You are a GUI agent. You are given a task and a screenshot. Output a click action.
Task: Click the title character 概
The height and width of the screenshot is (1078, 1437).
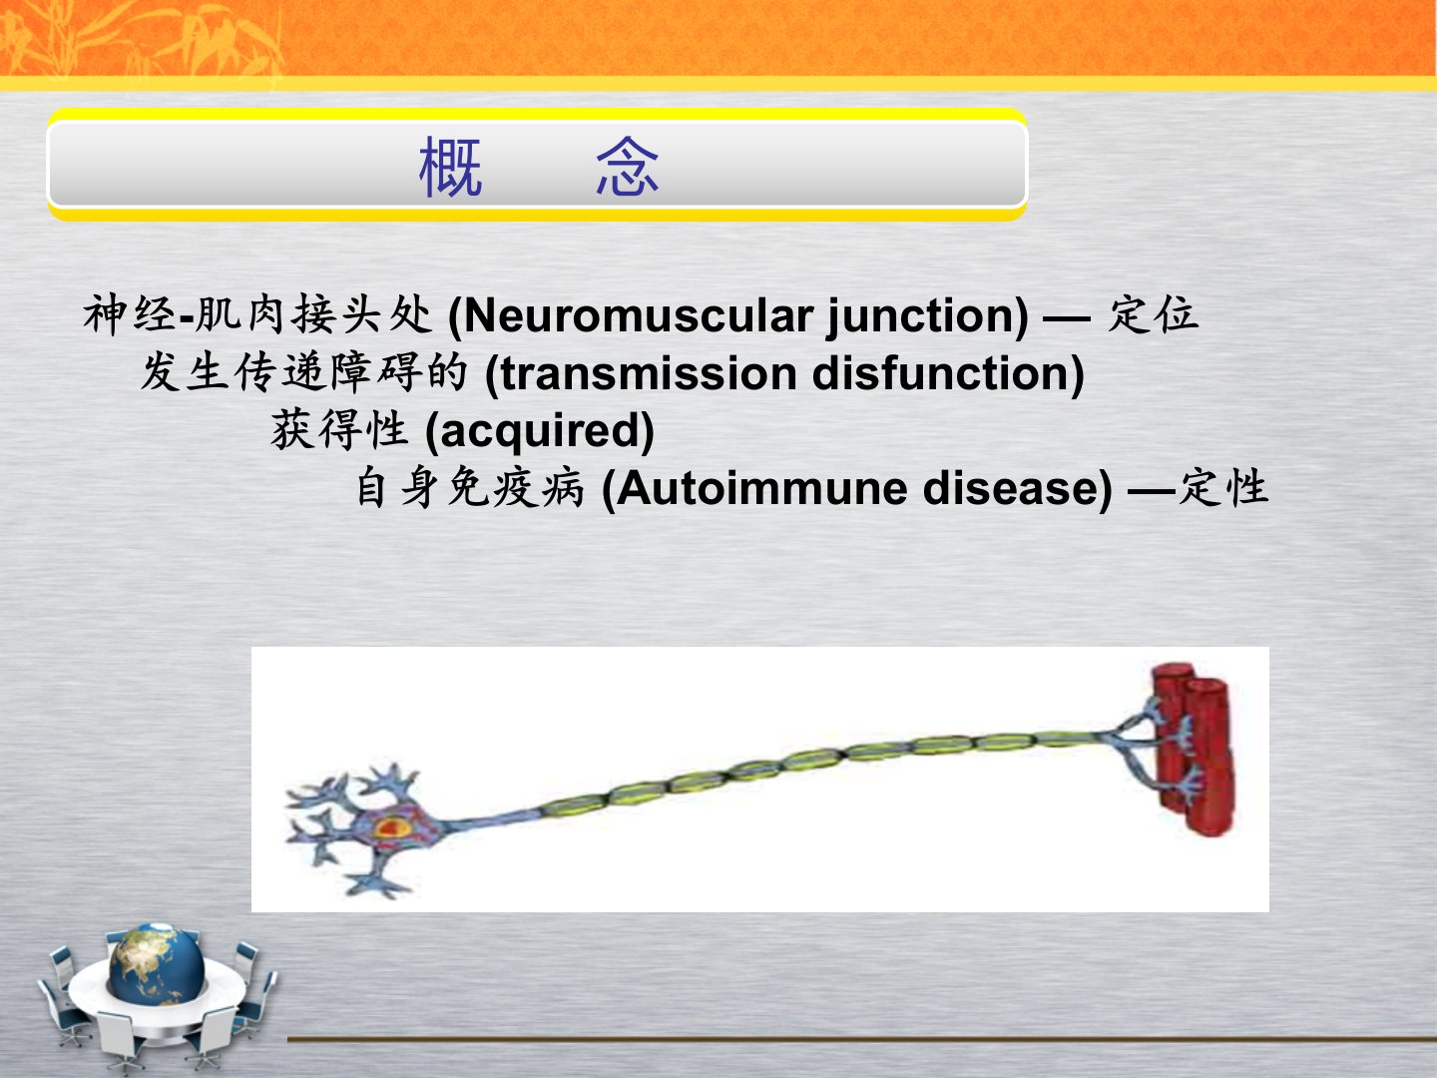tap(451, 167)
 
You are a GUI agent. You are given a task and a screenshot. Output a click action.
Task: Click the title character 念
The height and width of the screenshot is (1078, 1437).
tap(627, 167)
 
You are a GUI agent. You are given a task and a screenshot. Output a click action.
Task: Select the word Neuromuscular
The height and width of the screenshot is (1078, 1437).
tap(639, 316)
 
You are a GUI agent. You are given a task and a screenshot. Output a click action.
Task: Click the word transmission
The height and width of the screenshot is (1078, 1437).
tap(649, 373)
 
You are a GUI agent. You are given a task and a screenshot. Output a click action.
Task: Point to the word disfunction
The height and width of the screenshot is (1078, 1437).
tap(940, 373)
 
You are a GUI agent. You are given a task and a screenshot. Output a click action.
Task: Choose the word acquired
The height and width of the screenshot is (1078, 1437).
tap(540, 430)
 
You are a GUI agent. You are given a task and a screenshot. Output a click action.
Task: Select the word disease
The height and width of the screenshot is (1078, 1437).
tap(1011, 489)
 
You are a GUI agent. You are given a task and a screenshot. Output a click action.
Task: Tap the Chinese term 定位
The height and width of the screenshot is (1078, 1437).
tap(1153, 314)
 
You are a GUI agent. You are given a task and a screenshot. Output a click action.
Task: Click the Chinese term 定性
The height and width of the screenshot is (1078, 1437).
tap(1222, 487)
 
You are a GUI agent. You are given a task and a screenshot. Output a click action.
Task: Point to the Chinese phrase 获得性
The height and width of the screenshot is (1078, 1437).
tap(339, 429)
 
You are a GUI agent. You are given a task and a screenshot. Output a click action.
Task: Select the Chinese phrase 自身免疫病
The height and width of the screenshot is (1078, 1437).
tap(469, 487)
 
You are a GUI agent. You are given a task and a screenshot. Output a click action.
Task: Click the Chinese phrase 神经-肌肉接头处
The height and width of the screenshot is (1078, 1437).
tap(257, 314)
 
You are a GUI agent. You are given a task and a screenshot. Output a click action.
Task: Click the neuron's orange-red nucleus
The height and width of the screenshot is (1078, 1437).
tap(390, 828)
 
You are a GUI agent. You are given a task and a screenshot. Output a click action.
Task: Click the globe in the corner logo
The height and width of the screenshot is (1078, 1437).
tap(156, 964)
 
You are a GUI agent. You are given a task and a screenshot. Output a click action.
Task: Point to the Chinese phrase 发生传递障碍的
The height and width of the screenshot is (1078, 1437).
tap(303, 371)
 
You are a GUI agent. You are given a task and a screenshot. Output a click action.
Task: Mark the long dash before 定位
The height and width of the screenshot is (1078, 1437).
tap(1067, 318)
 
